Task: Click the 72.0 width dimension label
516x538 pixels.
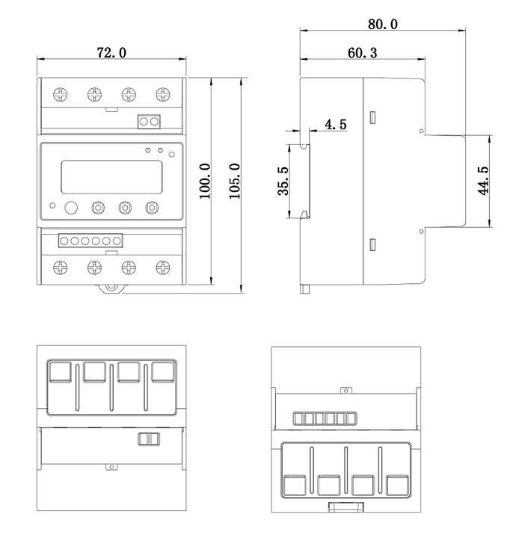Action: pos(111,52)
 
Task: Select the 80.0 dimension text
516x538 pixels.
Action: pos(382,24)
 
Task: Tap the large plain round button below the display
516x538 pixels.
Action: pos(72,208)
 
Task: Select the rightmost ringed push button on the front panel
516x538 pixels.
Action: pos(153,208)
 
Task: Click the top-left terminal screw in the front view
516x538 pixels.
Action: pos(60,94)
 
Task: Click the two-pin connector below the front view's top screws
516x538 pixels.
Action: pos(150,121)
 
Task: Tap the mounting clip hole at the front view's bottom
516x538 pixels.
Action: pos(111,286)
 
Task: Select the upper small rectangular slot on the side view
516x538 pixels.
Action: pos(372,117)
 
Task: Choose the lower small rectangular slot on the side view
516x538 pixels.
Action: pos(372,244)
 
